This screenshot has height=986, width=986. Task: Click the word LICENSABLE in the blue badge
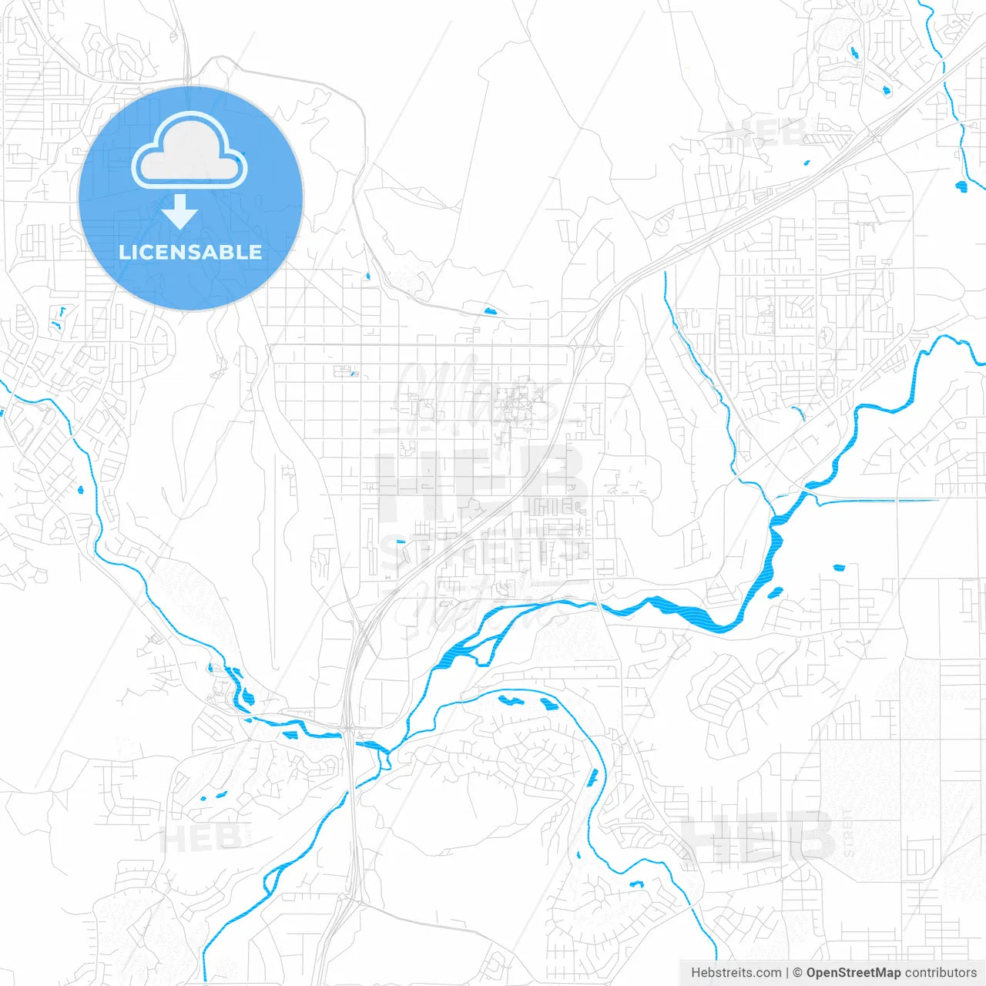[190, 252]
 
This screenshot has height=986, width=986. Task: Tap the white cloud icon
[189, 151]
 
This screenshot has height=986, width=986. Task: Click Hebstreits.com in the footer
[736, 973]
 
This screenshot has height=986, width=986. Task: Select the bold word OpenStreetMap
[854, 973]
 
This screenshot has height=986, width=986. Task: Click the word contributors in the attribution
[941, 973]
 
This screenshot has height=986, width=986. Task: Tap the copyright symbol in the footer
[798, 973]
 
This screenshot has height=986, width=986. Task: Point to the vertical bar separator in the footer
[788, 973]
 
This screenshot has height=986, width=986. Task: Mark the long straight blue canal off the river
[878, 501]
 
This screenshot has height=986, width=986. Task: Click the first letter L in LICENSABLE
[123, 252]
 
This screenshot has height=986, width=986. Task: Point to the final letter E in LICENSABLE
[255, 252]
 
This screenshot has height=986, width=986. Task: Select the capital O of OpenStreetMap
[812, 973]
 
